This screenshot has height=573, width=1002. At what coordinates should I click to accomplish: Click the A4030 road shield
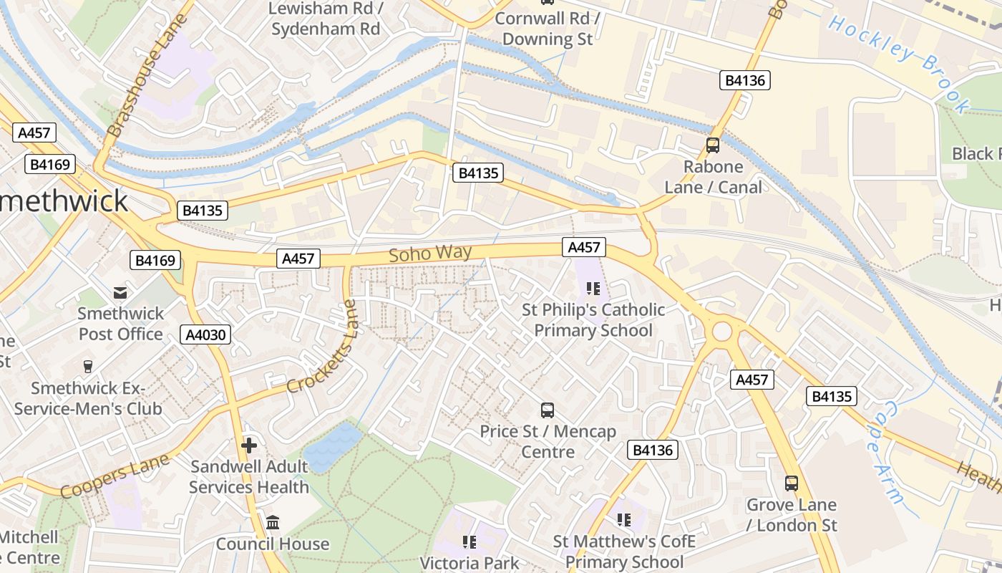point(205,334)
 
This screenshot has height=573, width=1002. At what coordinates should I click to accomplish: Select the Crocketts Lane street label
point(322,346)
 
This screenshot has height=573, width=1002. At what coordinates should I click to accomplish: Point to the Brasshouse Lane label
point(147,75)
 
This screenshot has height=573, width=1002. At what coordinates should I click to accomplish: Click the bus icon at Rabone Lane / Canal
point(713,145)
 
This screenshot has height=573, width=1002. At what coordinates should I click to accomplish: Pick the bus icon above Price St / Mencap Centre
point(548,410)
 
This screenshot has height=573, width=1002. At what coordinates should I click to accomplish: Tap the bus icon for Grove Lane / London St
point(791,483)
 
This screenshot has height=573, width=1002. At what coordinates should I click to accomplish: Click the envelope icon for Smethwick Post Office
point(120,292)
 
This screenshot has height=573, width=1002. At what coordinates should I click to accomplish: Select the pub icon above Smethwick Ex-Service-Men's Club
point(88,367)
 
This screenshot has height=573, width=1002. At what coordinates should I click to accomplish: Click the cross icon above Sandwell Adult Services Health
point(249,446)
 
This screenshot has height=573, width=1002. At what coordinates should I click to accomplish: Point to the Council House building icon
point(273,523)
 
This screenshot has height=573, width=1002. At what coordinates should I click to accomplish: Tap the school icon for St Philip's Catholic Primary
point(593,289)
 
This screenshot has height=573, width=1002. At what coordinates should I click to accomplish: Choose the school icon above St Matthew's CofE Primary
point(624,519)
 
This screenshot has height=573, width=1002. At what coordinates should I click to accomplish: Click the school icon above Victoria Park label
point(470,541)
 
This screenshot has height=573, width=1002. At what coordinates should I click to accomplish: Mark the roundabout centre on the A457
point(721,332)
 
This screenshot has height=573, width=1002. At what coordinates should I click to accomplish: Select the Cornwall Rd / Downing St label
point(548,29)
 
